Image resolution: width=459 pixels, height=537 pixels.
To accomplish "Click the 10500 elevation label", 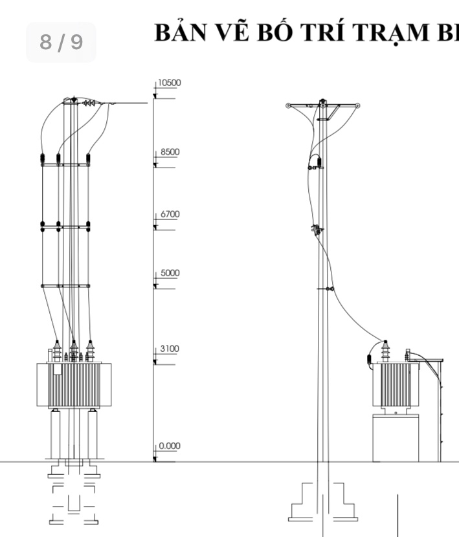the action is pos(170,83).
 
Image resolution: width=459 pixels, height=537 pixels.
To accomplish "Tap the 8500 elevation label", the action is pos(170,152).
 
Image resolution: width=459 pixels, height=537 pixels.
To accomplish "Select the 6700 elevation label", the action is pos(170,214).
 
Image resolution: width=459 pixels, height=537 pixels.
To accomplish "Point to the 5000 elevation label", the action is pos(170,273).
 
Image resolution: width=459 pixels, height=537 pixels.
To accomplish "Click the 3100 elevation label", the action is pos(170,349).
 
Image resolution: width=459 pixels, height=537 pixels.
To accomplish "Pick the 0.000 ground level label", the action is pos(170,446).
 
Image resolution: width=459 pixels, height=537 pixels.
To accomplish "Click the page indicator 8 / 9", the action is pos(62,42).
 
